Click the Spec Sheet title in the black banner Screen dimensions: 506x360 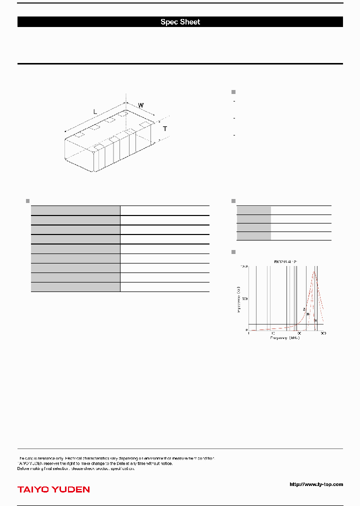pos(180,22)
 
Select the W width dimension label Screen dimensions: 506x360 pos(141,105)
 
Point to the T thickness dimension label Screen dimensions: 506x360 pos(165,129)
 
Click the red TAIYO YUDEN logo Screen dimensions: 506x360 pos(53,489)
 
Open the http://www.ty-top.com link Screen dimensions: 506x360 pos(316,484)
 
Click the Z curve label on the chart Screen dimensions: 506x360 pos(304,310)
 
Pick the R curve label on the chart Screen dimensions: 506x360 pos(308,314)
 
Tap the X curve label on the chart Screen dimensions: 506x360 pos(315,320)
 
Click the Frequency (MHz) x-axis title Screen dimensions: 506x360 pos(285,338)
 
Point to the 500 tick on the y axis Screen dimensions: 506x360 pos(244,298)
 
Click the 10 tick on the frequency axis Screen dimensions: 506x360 pos(273,333)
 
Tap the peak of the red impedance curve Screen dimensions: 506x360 pos(314,272)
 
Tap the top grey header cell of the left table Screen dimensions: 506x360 pos(75,210)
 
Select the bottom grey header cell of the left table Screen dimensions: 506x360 pos(75,286)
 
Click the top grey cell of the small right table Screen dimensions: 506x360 pos(254,210)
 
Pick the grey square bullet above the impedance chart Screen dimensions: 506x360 pos(233,251)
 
